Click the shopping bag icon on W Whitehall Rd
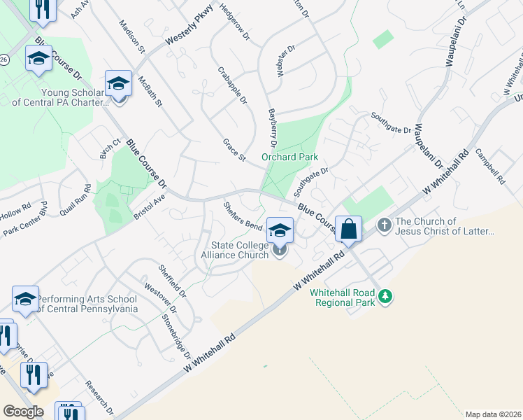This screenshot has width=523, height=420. [x=348, y=230]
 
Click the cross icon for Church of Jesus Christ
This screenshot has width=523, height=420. [x=384, y=225]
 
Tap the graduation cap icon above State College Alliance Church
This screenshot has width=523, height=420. [x=280, y=230]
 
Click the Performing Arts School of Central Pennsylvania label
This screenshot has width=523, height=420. [x=86, y=303]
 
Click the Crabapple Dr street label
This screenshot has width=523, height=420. [x=233, y=85]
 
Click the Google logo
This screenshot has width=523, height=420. [x=23, y=411]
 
